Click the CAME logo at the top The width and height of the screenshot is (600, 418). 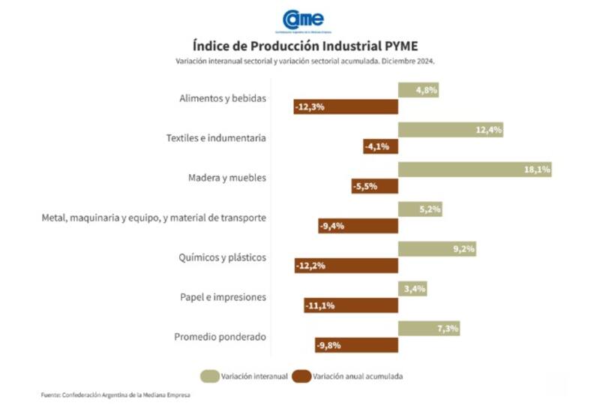pyautogui.click(x=303, y=20)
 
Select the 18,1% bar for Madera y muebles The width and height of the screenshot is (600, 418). pyautogui.click(x=475, y=170)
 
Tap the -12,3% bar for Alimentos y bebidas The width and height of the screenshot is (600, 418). pyautogui.click(x=346, y=107)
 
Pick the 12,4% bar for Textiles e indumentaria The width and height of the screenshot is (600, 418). pyautogui.click(x=450, y=130)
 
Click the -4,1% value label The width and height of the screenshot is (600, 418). pyautogui.click(x=377, y=146)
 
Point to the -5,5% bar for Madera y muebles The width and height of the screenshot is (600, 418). pyautogui.click(x=374, y=186)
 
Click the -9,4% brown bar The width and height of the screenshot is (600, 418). pyautogui.click(x=358, y=226)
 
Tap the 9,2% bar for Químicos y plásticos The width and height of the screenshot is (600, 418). pyautogui.click(x=436, y=249)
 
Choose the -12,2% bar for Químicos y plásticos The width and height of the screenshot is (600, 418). pyautogui.click(x=346, y=266)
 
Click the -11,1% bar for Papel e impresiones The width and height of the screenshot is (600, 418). pyautogui.click(x=350, y=305)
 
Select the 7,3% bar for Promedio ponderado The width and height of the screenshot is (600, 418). pyautogui.click(x=428, y=329)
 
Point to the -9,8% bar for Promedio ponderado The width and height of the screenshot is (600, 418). pyautogui.click(x=356, y=345)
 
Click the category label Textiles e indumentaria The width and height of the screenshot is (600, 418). pyautogui.click(x=216, y=138)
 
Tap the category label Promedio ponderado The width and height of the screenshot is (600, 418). pyautogui.click(x=220, y=337)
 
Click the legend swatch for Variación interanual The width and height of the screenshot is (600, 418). pyautogui.click(x=209, y=376)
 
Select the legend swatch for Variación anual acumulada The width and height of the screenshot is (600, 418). pyautogui.click(x=301, y=376)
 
